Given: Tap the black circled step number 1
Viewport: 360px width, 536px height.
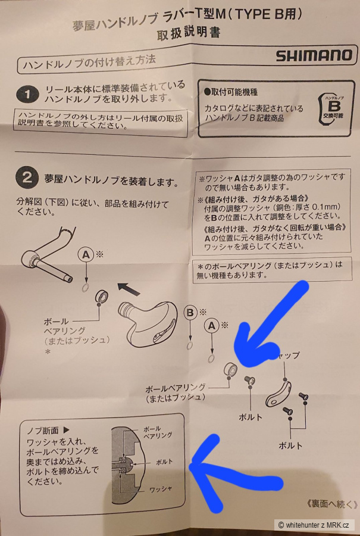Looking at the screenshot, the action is (x=27, y=95).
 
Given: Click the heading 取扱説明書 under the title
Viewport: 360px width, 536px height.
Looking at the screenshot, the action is (x=189, y=33).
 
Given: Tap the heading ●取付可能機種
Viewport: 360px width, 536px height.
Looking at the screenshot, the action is (x=230, y=92).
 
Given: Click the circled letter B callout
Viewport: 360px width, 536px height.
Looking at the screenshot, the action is (x=190, y=313).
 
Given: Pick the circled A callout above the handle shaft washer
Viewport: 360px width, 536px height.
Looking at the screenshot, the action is (x=86, y=255).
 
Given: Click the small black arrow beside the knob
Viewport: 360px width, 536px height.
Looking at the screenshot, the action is (x=129, y=289).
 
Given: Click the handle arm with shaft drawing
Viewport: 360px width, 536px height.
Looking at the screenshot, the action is (x=48, y=253).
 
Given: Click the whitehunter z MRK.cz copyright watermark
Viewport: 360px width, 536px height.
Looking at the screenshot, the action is (x=314, y=525).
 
